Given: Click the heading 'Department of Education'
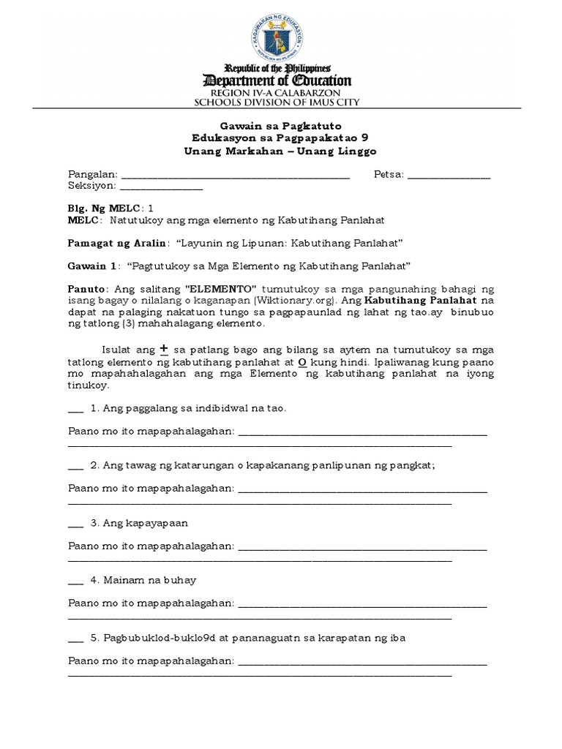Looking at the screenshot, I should [281, 80].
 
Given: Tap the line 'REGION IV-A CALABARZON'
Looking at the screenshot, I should [281, 93].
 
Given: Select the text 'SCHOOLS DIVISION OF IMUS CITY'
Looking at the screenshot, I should [281, 103].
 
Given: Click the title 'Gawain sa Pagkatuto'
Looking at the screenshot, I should [281, 126].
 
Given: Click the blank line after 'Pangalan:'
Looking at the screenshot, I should [235, 176].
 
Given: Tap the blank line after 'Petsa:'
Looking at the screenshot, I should [449, 176].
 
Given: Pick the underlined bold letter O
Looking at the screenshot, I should [301, 362].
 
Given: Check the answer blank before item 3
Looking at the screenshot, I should [76, 523].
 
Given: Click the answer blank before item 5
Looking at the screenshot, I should [76, 638].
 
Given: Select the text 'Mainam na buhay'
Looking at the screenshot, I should [150, 580].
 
